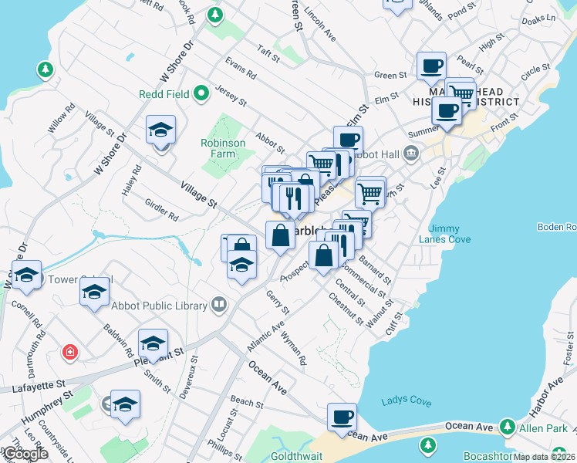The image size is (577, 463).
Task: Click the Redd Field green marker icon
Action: pos(203,94)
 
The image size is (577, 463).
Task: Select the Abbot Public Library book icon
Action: pos(220,306)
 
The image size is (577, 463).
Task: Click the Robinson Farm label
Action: pos(223,148)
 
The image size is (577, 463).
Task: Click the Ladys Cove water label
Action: pos(407,401)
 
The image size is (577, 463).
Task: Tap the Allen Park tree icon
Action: pos(507,426)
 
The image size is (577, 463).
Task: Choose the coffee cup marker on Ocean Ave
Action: pos(342,417)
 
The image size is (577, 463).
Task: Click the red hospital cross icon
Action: pos(70,353)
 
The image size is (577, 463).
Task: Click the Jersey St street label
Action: pos(231,96)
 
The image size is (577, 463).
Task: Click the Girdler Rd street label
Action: pos(161,209)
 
